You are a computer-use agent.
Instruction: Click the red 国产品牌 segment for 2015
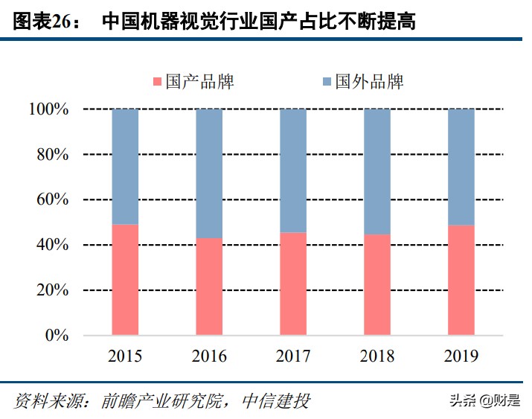tap(125, 279)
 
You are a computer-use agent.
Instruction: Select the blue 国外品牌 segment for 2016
tap(209, 173)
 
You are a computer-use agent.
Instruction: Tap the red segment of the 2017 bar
tap(293, 284)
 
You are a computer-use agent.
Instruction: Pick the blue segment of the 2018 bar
tap(377, 172)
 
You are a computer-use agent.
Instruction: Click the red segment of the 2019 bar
tap(461, 280)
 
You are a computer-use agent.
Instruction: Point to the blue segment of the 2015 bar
tap(125, 167)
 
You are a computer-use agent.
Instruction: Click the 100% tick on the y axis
tap(48, 109)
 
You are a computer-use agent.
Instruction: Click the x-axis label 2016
tap(209, 357)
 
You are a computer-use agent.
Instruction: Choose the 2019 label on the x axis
tap(461, 357)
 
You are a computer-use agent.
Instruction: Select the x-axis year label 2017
tap(293, 357)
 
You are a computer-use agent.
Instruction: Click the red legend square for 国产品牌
tap(157, 81)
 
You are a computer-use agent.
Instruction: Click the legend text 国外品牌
tap(369, 81)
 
